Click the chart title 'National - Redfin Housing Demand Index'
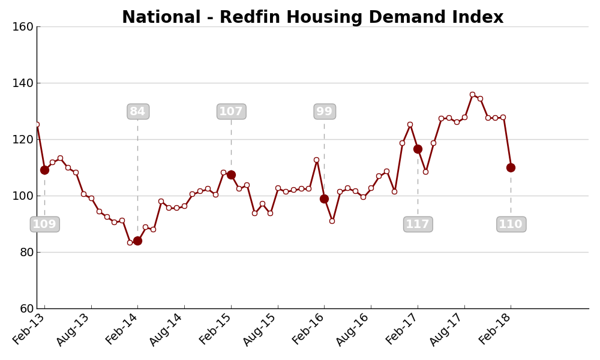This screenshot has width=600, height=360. [313, 17]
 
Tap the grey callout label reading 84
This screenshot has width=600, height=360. [138, 112]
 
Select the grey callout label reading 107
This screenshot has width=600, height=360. [231, 112]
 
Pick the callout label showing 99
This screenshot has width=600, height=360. [325, 112]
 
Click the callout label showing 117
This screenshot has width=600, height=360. [418, 224]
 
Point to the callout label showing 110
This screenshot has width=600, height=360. [511, 224]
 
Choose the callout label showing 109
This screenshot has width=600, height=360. [45, 224]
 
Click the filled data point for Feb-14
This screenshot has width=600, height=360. [138, 241]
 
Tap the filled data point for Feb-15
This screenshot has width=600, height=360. [231, 175]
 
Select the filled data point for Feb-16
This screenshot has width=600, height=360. [325, 199]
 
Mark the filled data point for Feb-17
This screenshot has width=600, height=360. [418, 149]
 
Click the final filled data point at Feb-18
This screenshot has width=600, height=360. [511, 167]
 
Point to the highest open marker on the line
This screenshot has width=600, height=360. [473, 94]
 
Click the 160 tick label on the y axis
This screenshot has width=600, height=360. [23, 27]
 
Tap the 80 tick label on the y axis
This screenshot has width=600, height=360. [26, 253]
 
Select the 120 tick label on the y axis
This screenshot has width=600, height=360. [23, 140]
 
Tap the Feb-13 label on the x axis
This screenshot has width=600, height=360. [28, 329]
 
